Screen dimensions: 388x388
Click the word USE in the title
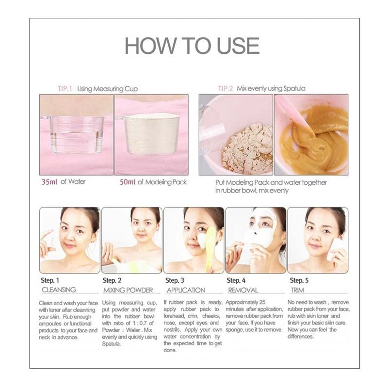pos(238,46)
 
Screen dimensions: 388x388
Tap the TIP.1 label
pos(65,89)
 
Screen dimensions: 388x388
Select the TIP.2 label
pos(225,89)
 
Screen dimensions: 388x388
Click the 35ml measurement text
pos(49,182)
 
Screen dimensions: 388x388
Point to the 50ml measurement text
pos(128,182)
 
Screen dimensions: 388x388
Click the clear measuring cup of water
pos(76,134)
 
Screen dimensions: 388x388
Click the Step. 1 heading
pos(50,280)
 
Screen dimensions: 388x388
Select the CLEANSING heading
pos(59,290)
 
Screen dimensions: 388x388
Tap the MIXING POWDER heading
pos(128,290)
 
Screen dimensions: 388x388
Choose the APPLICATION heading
pos(186,290)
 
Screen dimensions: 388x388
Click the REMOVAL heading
pos(243,290)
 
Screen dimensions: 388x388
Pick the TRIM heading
pos(297,290)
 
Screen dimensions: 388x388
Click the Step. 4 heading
pos(236,280)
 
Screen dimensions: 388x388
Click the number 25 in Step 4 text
pos(262,302)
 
